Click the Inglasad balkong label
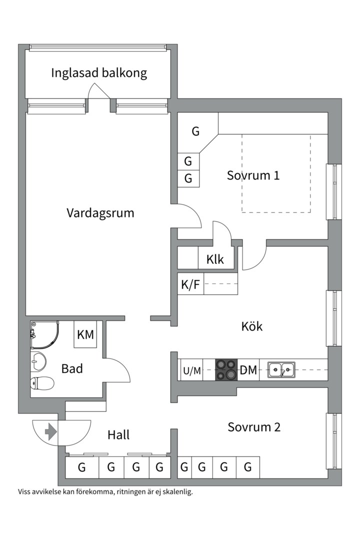tap(99, 73)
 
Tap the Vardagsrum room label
tap(100, 213)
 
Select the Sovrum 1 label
tap(253, 175)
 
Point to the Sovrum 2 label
tap(254, 427)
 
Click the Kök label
tap(251, 326)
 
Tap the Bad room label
tap(72, 369)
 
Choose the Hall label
tap(118, 435)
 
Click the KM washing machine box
tap(85, 334)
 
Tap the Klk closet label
tap(215, 260)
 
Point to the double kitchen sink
tap(280, 370)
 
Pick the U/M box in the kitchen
tap(191, 370)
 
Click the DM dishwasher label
tap(248, 370)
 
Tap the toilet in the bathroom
tap(42, 383)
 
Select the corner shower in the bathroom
tap(43, 334)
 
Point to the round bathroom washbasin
tap(38, 360)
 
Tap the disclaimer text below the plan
tap(105, 491)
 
